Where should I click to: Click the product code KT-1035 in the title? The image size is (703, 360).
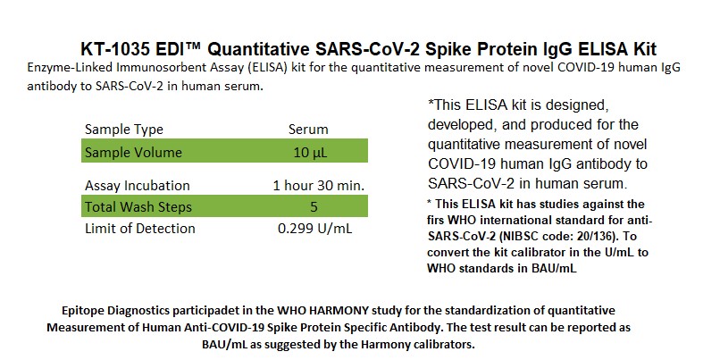(x=115, y=49)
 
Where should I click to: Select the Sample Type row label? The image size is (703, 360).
(x=124, y=130)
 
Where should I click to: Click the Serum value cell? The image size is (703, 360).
(x=308, y=130)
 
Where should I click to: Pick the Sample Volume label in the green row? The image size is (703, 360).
(x=133, y=153)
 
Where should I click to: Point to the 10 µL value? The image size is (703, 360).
(x=310, y=153)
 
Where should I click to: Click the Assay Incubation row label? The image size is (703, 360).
(x=138, y=186)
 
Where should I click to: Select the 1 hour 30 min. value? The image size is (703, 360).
(x=319, y=186)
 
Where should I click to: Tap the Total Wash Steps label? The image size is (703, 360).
(x=138, y=207)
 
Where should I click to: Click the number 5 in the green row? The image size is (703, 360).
(x=314, y=207)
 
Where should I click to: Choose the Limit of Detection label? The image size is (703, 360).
(x=140, y=229)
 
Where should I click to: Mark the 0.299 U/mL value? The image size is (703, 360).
(x=314, y=229)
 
